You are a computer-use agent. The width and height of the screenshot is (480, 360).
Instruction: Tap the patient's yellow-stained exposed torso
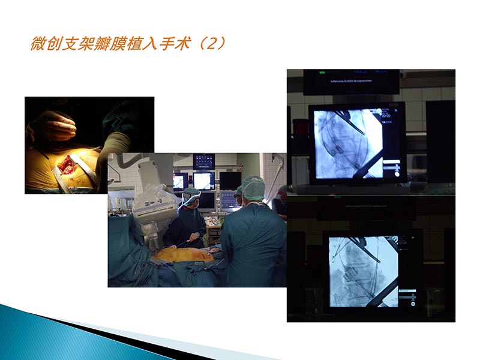click(x=183, y=254)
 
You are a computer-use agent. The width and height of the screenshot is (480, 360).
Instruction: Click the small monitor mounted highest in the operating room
click(x=204, y=161)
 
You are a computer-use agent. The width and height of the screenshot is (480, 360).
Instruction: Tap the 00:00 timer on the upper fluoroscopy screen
click(x=386, y=115)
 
